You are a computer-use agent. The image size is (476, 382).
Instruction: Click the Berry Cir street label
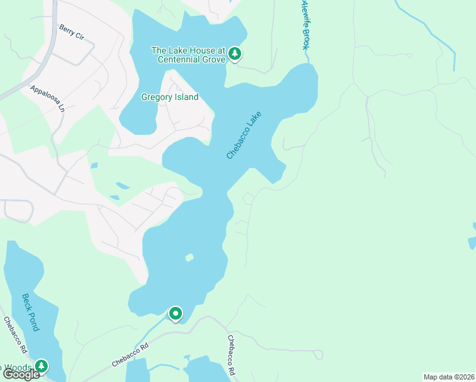click(x=71, y=32)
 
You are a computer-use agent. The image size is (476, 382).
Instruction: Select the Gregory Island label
click(x=170, y=97)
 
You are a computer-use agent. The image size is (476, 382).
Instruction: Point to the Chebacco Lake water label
click(x=244, y=136)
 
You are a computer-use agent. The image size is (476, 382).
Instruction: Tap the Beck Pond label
click(x=31, y=312)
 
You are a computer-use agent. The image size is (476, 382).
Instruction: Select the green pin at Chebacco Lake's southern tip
click(x=175, y=313)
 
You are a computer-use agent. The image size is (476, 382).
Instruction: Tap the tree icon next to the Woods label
click(x=41, y=366)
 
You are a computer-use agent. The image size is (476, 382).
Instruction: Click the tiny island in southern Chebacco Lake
click(x=189, y=258)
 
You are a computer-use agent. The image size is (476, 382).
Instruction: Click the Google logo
click(x=21, y=374)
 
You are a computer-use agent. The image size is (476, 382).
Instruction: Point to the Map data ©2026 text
click(x=449, y=377)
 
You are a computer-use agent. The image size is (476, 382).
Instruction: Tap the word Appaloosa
click(x=44, y=95)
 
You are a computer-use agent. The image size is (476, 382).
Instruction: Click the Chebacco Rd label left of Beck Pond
click(x=15, y=336)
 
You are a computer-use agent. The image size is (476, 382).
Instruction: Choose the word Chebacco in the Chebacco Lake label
click(x=238, y=143)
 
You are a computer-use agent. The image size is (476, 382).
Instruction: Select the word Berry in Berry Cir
click(x=66, y=29)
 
